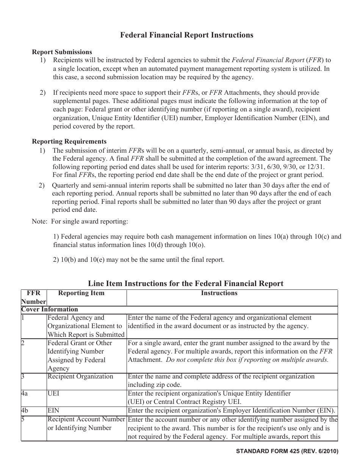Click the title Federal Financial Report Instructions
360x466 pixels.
[186, 35]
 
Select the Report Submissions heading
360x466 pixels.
[62, 52]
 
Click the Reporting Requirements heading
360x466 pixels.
[69, 142]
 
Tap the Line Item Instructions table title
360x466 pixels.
[186, 283]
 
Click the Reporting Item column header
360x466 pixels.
[81, 293]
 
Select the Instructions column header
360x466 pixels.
[219, 293]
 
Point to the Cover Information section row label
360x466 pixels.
[50, 309]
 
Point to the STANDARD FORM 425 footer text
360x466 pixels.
[287, 451]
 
